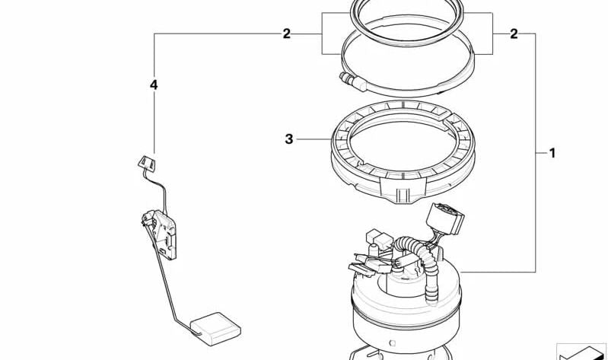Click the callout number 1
(x=552, y=153)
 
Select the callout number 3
(x=288, y=139)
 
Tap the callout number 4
(x=154, y=86)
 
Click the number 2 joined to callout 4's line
(x=286, y=33)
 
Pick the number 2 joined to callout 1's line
(x=514, y=33)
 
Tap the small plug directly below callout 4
(x=146, y=162)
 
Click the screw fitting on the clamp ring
(x=352, y=77)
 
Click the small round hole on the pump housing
(x=391, y=332)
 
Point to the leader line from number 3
(x=312, y=139)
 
